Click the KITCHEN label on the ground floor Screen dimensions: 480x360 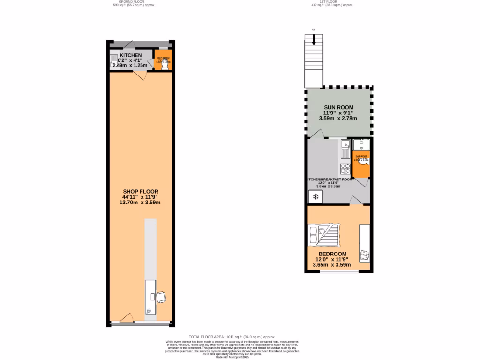(x=130, y=55)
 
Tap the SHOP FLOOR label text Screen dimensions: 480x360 (x=141, y=191)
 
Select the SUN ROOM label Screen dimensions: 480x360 (x=338, y=107)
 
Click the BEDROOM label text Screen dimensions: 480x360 (x=332, y=254)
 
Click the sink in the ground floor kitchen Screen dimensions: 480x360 (x=113, y=60)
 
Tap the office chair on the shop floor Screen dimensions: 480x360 (x=161, y=297)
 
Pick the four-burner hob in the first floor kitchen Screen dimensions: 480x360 (x=345, y=168)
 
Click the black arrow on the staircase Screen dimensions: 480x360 (x=314, y=41)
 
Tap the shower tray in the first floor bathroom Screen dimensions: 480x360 (x=361, y=143)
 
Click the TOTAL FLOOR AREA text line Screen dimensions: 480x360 (x=232, y=337)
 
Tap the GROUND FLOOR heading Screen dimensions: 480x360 (x=134, y=2)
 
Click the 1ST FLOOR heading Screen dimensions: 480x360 (x=332, y=2)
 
